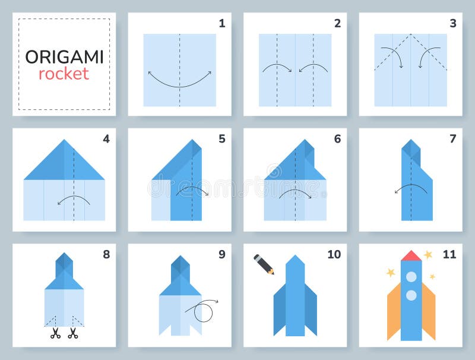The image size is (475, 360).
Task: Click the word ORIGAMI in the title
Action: click(64, 57)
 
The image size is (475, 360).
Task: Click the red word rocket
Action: click(64, 74)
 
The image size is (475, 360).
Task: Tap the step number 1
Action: click(221, 24)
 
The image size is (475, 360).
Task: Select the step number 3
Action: click(452, 24)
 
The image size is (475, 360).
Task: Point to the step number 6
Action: click(337, 139)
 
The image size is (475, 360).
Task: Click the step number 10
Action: click(334, 254)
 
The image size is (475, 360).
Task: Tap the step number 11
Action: click(449, 254)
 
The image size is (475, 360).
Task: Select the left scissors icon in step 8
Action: click(55, 333)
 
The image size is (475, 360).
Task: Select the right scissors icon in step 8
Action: click(72, 333)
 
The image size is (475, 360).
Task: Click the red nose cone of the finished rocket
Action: click(411, 256)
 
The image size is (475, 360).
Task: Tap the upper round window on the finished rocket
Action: click(411, 277)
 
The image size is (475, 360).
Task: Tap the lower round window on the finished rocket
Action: click(411, 294)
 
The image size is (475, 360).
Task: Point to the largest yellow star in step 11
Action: click(427, 255)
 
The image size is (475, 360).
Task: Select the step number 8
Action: click(106, 254)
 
